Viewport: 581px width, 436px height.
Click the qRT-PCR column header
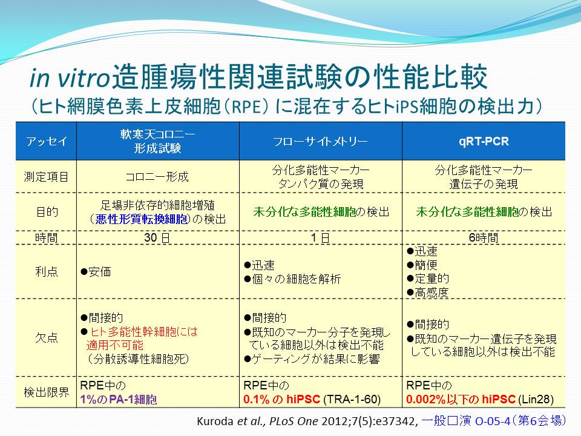(x=484, y=141)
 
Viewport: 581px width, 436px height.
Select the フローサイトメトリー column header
(x=321, y=141)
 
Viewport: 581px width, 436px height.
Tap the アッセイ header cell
(x=47, y=141)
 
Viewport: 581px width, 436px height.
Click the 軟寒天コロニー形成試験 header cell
(x=157, y=141)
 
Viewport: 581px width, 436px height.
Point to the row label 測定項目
(x=47, y=177)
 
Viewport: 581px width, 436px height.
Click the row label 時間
(x=47, y=237)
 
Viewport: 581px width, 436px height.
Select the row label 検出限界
(x=47, y=392)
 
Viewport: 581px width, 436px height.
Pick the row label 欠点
(x=47, y=337)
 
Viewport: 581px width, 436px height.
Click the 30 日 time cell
(x=157, y=237)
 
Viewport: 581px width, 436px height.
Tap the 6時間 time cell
(x=484, y=237)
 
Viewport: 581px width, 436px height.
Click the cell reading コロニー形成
(x=157, y=177)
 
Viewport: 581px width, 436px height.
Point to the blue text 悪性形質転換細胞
(x=142, y=219)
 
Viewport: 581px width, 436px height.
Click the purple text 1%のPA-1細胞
(x=119, y=399)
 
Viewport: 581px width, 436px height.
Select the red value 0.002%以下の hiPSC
(x=461, y=399)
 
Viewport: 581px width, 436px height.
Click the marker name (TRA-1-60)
(x=352, y=399)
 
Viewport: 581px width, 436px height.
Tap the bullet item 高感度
(x=428, y=292)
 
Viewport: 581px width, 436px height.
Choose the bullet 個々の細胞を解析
(x=292, y=279)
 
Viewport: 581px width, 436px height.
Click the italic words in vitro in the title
(x=70, y=78)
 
